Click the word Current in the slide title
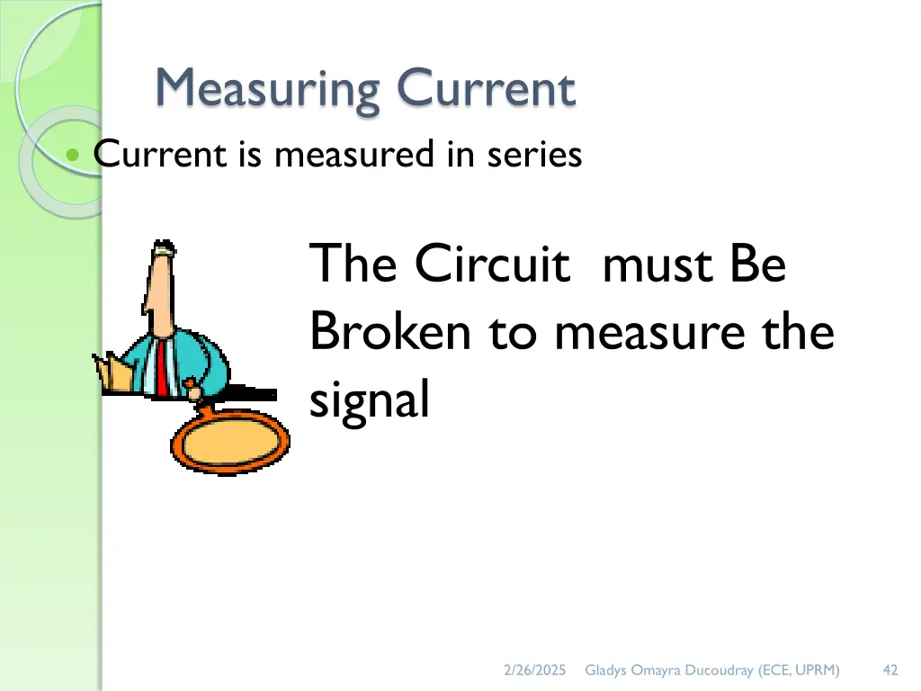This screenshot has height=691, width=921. coord(486,90)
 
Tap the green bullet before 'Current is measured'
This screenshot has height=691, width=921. coord(74,156)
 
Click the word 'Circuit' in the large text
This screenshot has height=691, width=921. coord(492,265)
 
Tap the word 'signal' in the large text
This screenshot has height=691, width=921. coord(369,401)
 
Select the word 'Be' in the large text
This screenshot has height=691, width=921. coord(758,265)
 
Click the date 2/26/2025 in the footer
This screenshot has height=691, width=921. coord(534,669)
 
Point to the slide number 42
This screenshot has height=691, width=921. coord(890,669)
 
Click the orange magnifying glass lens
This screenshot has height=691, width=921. coord(231,441)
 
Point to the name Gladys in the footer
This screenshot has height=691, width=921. coord(605,669)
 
